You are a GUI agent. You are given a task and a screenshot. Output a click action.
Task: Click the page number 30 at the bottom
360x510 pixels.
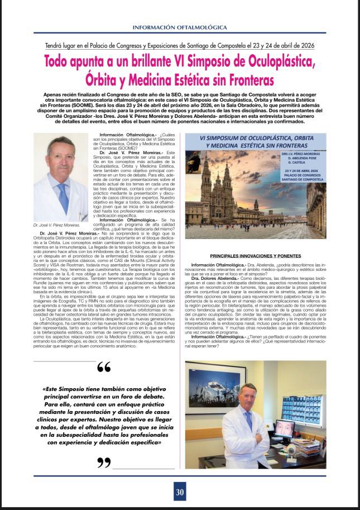179,492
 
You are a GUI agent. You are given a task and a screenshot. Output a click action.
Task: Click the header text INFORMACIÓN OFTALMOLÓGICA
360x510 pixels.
180,27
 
